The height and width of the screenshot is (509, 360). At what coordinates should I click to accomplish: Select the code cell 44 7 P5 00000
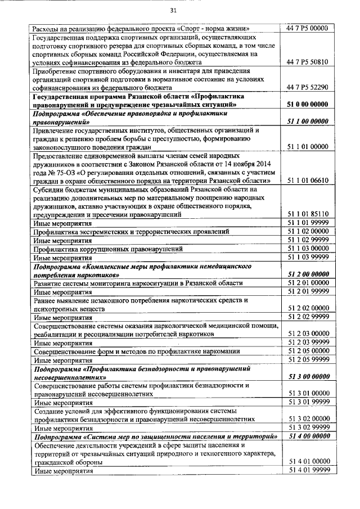pyautogui.click(x=308, y=28)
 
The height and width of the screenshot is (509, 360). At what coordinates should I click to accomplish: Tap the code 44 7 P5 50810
pyautogui.click(x=308, y=62)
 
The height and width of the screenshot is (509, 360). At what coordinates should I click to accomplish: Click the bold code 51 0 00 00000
pyautogui.click(x=308, y=105)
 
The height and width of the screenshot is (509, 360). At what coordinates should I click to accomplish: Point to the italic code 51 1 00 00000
pyautogui.click(x=308, y=121)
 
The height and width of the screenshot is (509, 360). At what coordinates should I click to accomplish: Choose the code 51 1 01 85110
pyautogui.click(x=308, y=214)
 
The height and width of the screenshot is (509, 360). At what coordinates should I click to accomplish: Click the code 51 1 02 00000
pyautogui.click(x=308, y=231)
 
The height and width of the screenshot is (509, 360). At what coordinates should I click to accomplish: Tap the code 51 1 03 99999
pyautogui.click(x=308, y=257)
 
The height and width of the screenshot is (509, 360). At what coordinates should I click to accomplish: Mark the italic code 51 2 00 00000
pyautogui.click(x=308, y=274)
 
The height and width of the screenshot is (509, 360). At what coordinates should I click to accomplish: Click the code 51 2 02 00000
pyautogui.click(x=308, y=308)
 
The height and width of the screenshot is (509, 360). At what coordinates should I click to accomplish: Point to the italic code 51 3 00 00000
pyautogui.click(x=308, y=376)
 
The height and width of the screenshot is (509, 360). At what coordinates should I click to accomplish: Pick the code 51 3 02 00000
pyautogui.click(x=308, y=418)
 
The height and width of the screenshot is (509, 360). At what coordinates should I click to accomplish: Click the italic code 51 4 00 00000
pyautogui.click(x=308, y=436)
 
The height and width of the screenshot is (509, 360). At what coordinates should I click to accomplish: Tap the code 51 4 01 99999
pyautogui.click(x=308, y=470)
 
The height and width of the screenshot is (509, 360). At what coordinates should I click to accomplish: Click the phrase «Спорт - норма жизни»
pyautogui.click(x=214, y=28)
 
